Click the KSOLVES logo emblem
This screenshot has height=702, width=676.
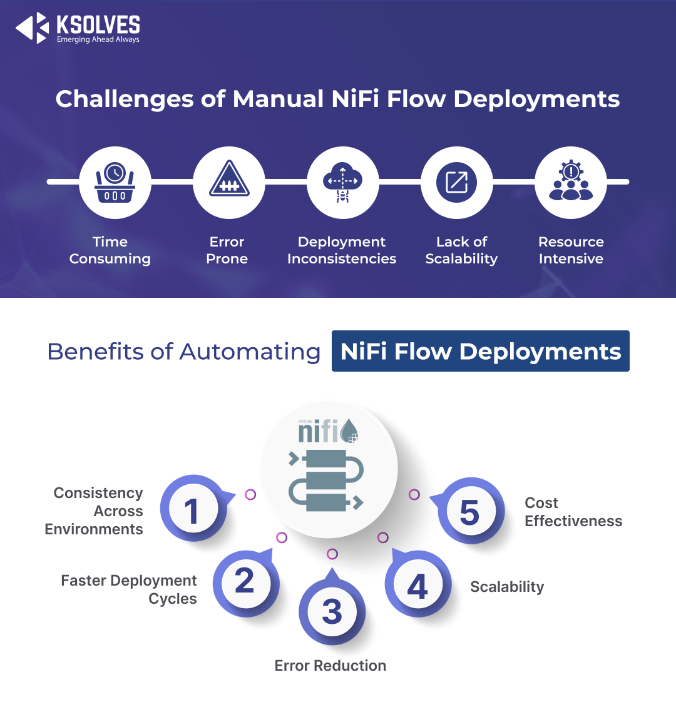tap(33, 28)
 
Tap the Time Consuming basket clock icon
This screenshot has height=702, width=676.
tap(115, 182)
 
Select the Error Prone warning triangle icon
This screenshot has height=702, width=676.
tap(229, 182)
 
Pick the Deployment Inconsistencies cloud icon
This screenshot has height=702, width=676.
tap(342, 182)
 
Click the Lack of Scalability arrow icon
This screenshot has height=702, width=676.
tap(457, 182)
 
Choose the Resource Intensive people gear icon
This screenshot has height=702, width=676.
tap(571, 182)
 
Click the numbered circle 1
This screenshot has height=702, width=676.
tap(192, 511)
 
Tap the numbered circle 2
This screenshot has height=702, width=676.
tap(245, 581)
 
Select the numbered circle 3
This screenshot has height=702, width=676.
tap(332, 612)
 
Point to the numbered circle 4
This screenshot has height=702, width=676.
tap(417, 586)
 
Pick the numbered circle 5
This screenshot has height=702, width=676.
tap(469, 512)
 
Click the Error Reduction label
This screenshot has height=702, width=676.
tap(330, 666)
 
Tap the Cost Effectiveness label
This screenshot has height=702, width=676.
tap(573, 512)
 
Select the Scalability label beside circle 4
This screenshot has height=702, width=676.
tap(507, 587)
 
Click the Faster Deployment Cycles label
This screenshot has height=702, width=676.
tap(129, 589)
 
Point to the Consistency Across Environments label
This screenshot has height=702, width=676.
tap(94, 511)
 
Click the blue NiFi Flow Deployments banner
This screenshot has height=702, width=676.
tap(480, 351)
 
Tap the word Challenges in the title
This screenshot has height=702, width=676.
tap(125, 99)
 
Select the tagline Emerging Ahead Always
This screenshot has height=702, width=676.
tap(98, 40)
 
